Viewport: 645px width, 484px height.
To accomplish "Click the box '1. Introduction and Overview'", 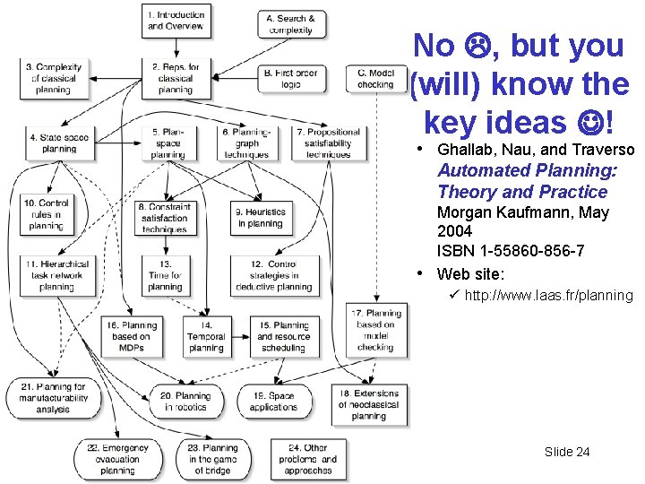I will coord(176,20).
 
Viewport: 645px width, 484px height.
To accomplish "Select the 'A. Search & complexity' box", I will coord(290,24).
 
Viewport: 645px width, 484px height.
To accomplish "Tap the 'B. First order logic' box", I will coord(290,79).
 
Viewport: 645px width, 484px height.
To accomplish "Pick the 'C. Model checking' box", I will coord(375,79).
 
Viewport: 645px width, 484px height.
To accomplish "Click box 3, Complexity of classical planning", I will coord(53,79).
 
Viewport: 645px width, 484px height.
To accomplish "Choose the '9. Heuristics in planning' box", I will coord(261,218).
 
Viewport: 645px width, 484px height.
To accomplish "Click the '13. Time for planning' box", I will coord(165,276).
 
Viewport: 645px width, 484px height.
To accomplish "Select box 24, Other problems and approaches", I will coord(308,459).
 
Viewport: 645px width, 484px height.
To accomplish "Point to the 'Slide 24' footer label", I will coord(567,452).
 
